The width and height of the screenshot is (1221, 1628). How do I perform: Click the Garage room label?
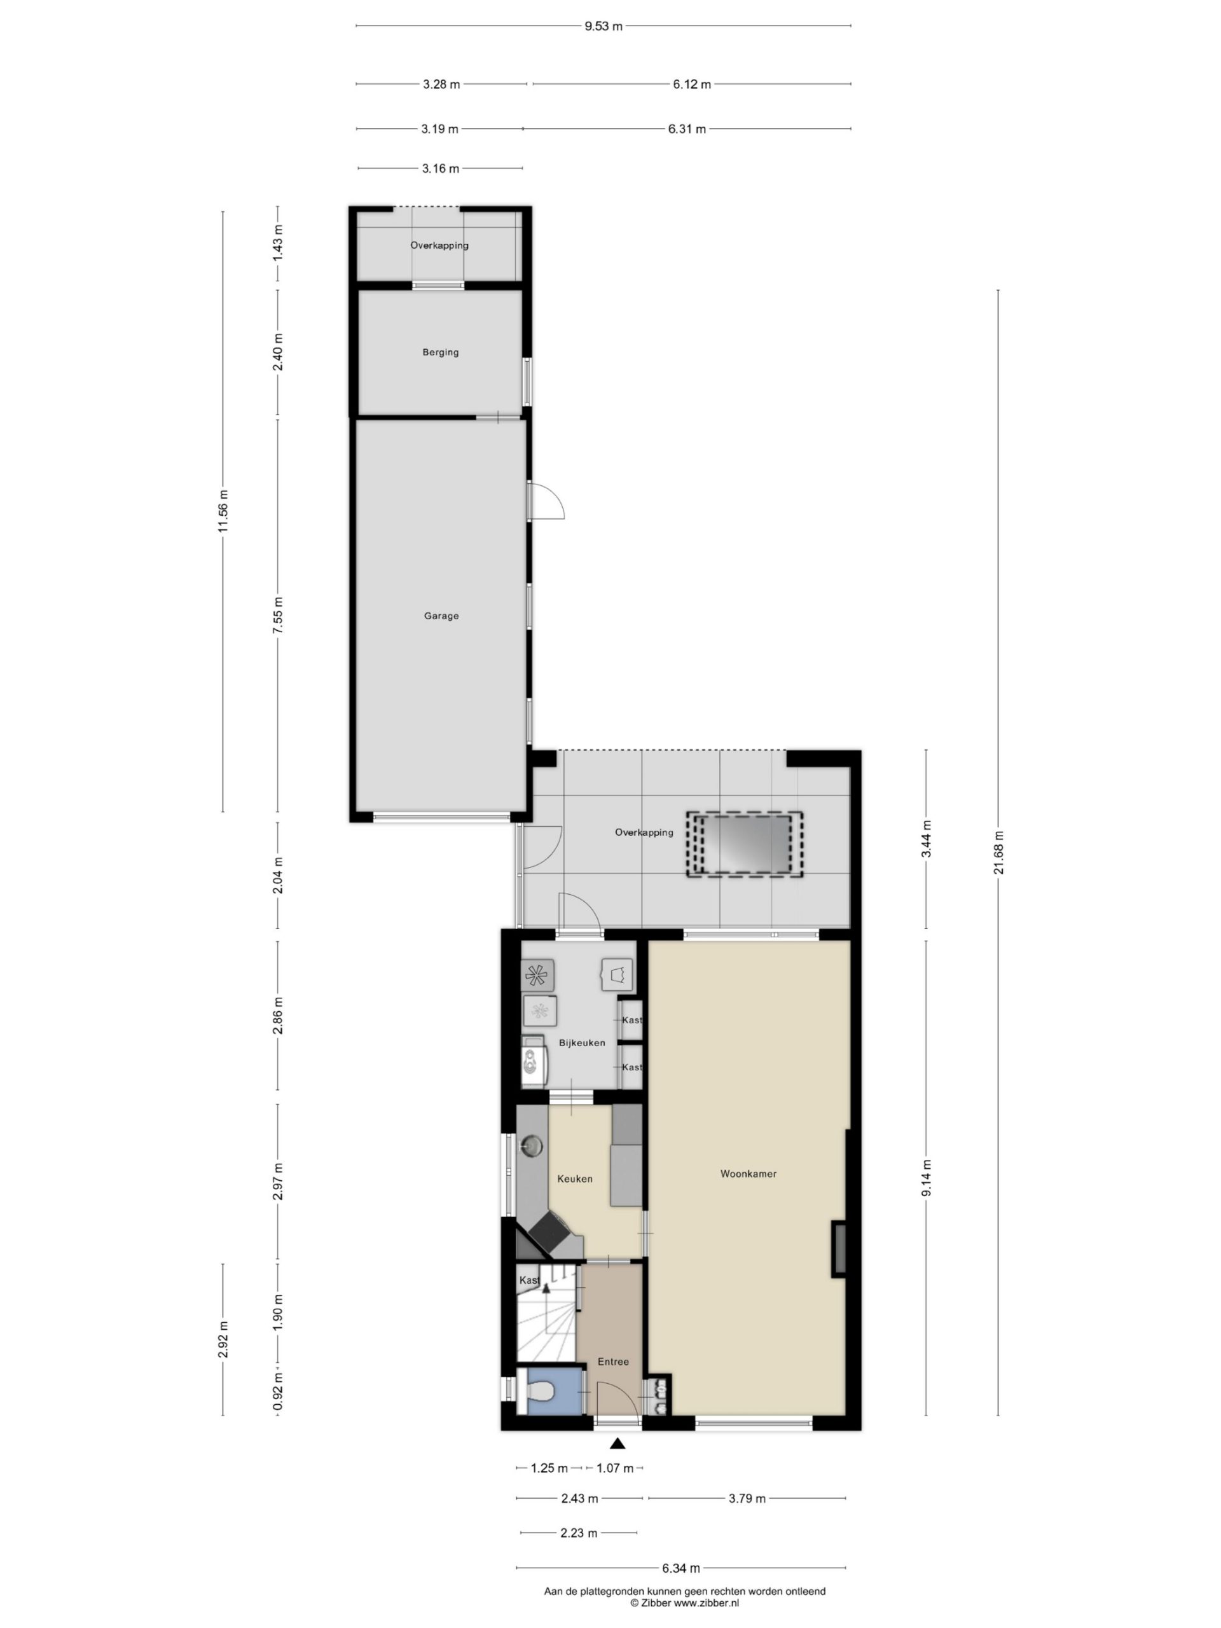441,616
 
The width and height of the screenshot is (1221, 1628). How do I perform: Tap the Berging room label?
440,352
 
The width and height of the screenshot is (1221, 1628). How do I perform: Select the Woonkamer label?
748,1174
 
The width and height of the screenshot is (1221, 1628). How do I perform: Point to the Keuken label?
575,1178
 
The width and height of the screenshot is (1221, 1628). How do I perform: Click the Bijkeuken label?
582,1043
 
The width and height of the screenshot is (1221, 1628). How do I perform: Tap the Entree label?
613,1362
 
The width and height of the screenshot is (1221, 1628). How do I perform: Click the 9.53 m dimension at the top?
604,27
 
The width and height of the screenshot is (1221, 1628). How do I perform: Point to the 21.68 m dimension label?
998,853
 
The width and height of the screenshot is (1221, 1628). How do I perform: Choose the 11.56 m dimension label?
223,511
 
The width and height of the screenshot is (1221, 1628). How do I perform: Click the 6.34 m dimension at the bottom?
680,1568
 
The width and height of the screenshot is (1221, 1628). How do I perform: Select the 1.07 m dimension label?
614,1468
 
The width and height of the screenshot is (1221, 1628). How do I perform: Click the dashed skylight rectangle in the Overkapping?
744,843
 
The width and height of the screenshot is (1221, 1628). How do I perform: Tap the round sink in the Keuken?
532,1146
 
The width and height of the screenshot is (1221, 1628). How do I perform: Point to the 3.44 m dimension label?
927,839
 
